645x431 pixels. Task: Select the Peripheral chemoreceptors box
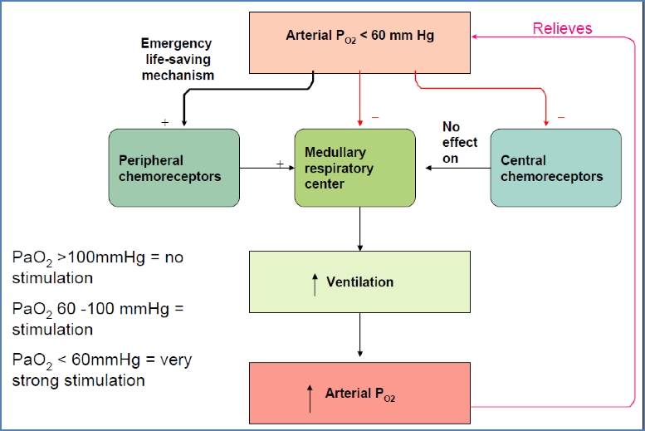[174, 168]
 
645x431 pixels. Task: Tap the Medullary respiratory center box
[354, 168]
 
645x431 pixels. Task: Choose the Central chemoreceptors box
[555, 168]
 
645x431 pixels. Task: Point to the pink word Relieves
[562, 28]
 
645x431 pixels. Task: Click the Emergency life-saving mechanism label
[177, 59]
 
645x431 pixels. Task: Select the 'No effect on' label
[459, 142]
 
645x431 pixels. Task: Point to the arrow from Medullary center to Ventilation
[359, 228]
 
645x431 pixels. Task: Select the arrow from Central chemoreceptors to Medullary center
[457, 169]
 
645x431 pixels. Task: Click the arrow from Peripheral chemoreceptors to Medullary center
[266, 169]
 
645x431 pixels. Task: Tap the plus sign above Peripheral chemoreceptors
[164, 121]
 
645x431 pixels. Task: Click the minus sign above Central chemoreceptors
[561, 117]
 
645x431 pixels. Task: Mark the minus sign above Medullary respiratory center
[374, 117]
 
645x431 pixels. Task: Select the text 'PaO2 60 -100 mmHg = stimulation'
[98, 319]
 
